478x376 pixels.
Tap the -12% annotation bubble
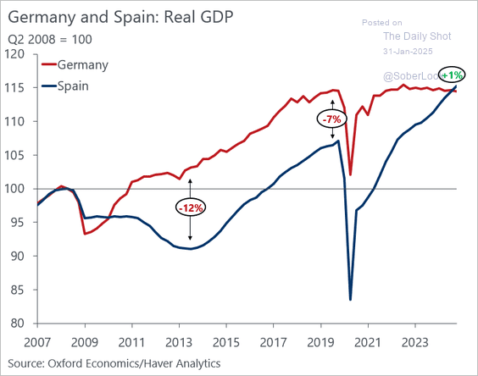pos(190,207)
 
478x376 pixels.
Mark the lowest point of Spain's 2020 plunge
pos(351,299)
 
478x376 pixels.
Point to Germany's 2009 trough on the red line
pos(85,234)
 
